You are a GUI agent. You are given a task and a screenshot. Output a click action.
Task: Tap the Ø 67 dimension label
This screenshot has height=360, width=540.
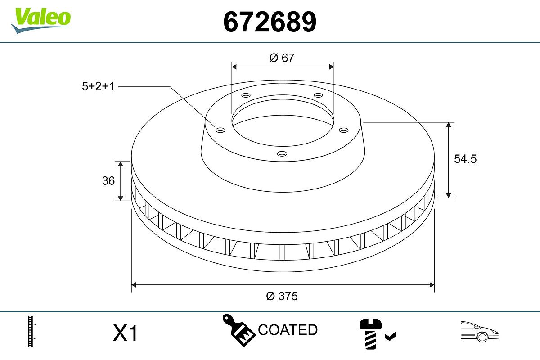click(282, 58)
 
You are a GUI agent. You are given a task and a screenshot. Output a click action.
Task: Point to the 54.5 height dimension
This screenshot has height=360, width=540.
click(465, 159)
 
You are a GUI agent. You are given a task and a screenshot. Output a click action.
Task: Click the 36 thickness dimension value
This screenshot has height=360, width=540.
click(108, 181)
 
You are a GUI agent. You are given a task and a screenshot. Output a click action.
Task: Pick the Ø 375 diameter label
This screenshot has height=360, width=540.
click(282, 296)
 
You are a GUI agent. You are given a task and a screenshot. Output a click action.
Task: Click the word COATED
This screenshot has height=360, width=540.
click(288, 330)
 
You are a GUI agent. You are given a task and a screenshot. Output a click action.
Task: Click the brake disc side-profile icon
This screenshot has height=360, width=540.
click(32, 333)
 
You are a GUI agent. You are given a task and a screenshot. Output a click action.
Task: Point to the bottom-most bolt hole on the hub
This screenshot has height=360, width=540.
click(282, 153)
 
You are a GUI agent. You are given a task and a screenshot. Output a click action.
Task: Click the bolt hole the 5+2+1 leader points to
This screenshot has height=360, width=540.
click(220, 130)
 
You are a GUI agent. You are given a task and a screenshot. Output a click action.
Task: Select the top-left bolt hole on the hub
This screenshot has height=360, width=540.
click(245, 95)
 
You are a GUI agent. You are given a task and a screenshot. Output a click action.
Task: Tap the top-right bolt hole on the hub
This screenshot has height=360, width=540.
click(319, 95)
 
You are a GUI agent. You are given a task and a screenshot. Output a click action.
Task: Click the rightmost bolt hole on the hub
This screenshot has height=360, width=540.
click(344, 130)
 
